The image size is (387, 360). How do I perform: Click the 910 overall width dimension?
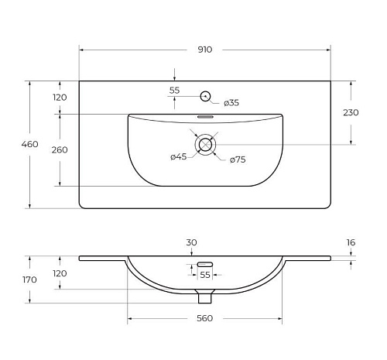(x=205, y=50)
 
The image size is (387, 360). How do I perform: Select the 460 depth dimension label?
(x=29, y=144)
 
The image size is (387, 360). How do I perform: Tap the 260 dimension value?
(x=60, y=150)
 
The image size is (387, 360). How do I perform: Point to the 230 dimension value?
(x=351, y=112)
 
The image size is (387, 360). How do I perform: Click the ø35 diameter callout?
(x=231, y=103)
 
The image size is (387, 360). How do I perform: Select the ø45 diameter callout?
(x=178, y=156)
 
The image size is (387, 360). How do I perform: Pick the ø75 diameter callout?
(x=238, y=159)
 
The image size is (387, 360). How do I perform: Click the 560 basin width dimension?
(x=205, y=318)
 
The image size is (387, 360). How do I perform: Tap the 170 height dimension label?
(x=29, y=279)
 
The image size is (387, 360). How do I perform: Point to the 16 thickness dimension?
(x=351, y=242)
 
